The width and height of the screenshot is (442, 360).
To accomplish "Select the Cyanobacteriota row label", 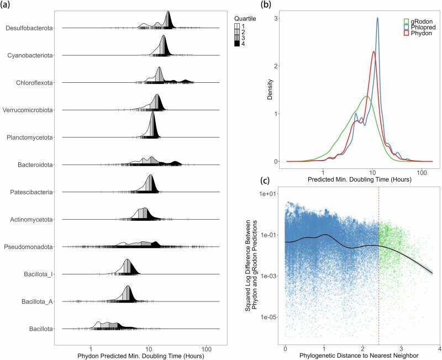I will point(30,55).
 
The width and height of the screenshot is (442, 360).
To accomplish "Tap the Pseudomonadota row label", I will point(28,247).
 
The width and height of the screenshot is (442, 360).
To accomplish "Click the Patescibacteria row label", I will point(30,192).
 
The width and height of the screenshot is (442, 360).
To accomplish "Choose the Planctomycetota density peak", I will point(153,113).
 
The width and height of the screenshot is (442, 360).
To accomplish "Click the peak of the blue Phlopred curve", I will point(377,18).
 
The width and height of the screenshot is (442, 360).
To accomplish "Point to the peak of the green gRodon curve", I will point(366,96).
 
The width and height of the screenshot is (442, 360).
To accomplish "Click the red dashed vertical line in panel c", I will point(379,265).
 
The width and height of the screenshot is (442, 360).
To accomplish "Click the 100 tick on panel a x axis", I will point(207,349).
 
